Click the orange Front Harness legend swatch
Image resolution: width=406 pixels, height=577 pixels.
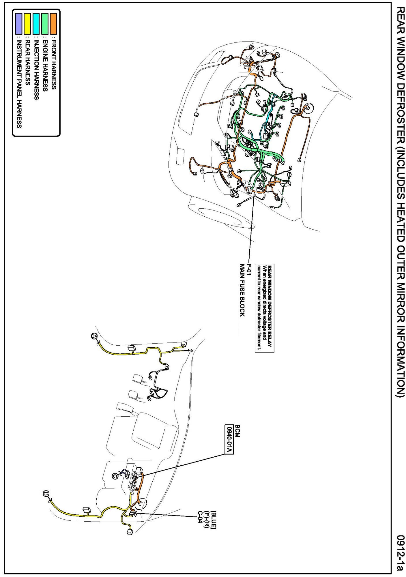(53, 24)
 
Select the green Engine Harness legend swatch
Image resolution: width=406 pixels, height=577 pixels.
(45, 24)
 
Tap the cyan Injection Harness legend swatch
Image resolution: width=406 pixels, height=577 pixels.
(36, 24)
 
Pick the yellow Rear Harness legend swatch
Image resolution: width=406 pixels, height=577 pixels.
(27, 24)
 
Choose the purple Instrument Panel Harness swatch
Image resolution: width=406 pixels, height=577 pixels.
(19, 24)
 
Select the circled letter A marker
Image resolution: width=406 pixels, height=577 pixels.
(93, 336)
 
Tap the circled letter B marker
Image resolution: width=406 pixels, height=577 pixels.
(45, 493)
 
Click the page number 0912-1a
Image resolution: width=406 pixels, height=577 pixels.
(400, 553)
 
